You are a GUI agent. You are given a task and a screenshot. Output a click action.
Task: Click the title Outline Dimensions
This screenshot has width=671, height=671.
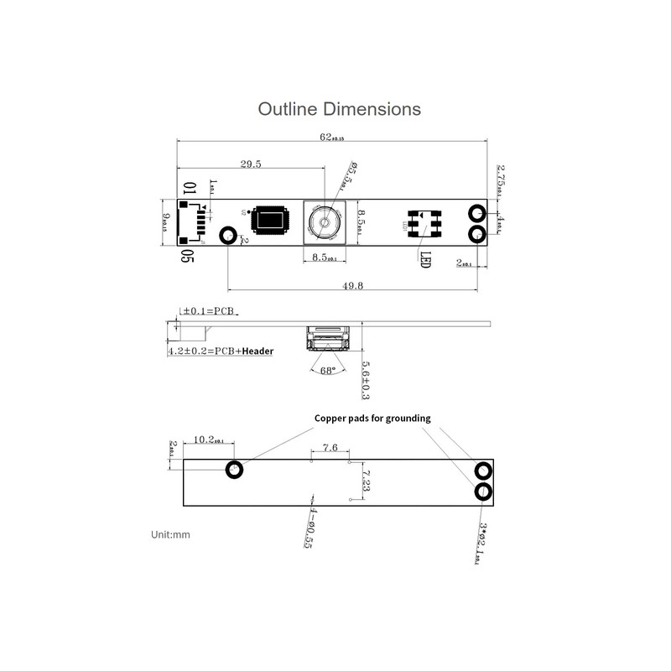click(x=339, y=109)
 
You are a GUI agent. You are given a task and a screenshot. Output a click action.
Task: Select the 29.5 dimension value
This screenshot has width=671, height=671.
click(x=250, y=165)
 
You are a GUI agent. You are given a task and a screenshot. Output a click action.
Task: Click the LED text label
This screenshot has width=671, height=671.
click(x=424, y=260)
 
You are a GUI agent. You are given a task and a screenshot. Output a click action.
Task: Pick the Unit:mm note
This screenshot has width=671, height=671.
click(x=172, y=533)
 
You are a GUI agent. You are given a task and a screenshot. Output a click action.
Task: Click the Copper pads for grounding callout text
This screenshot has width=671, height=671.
click(x=372, y=418)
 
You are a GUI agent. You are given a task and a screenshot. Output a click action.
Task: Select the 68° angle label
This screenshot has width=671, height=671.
click(x=327, y=370)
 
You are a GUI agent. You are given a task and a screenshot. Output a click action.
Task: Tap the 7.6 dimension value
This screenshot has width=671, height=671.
click(x=330, y=449)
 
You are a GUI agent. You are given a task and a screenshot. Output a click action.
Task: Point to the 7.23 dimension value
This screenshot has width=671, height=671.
click(x=367, y=481)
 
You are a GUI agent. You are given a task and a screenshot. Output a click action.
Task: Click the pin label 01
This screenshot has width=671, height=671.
click(x=189, y=189)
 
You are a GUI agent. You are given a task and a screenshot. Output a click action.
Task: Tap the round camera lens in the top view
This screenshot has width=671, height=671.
click(x=322, y=223)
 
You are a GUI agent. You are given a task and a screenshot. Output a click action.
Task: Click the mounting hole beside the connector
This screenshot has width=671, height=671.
click(x=227, y=236)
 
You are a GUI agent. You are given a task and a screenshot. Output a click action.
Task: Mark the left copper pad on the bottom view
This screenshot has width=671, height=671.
click(x=235, y=469)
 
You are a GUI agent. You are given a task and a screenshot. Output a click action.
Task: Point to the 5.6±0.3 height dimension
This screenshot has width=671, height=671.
click(x=366, y=379)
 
